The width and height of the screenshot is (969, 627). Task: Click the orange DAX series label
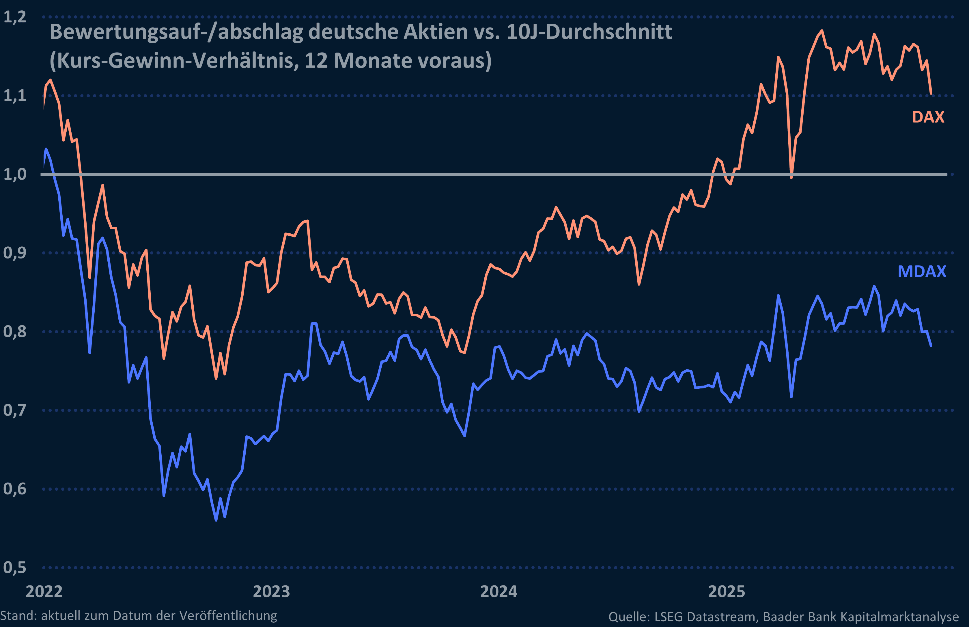pos(928,117)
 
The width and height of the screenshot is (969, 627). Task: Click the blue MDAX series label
pos(922,271)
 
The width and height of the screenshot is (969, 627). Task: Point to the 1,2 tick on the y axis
pos(15,17)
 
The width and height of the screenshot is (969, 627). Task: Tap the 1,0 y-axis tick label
pos(15,174)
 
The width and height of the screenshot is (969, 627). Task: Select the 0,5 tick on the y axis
pos(15,567)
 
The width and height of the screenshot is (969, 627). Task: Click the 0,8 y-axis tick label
pos(15,332)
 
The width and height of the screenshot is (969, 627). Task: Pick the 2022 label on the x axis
pos(44,591)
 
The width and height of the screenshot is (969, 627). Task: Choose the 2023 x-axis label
pos(271,591)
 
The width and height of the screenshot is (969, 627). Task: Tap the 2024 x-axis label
pos(499,591)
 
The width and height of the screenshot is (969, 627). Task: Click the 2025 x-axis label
pos(727,591)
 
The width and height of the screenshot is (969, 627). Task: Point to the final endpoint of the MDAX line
pos(931,346)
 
